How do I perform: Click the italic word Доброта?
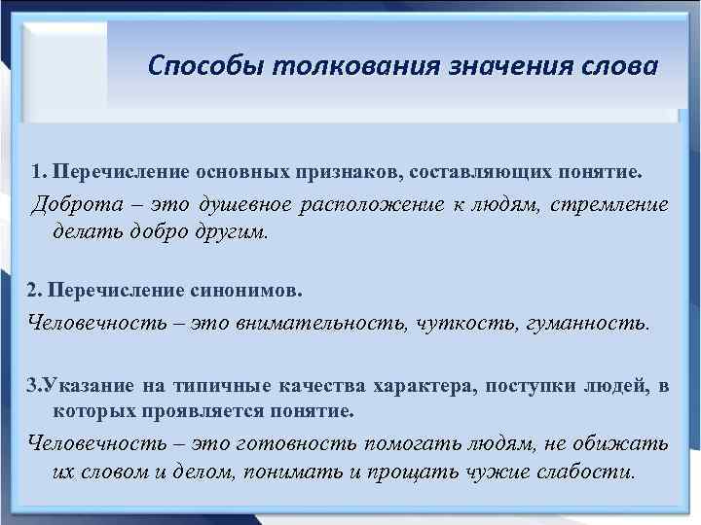(72, 205)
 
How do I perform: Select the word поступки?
(529, 386)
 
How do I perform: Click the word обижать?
(624, 443)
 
